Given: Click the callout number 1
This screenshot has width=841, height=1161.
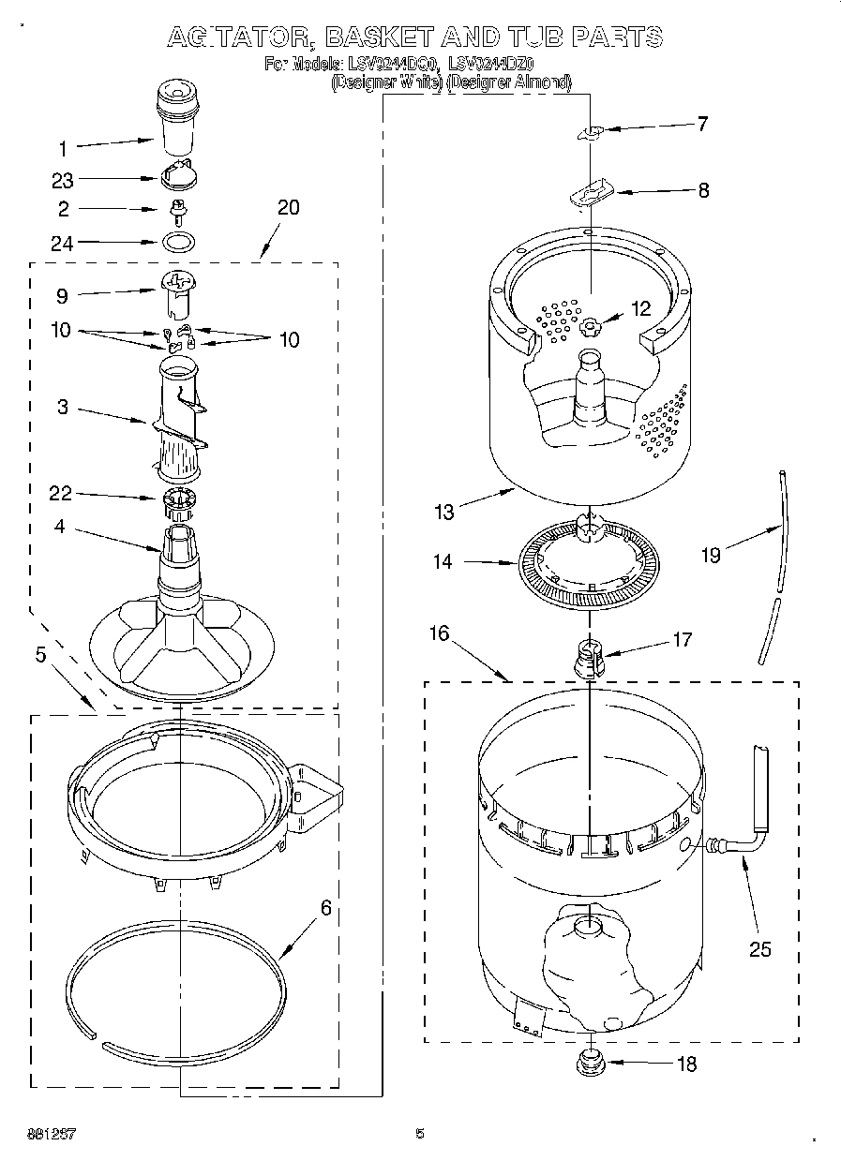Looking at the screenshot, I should click(63, 147).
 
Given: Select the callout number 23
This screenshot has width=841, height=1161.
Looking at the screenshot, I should click(63, 180).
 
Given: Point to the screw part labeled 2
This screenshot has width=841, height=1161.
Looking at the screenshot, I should click(175, 209).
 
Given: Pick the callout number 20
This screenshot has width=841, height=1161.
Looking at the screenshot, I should click(288, 207).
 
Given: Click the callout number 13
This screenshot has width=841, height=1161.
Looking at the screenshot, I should click(443, 512).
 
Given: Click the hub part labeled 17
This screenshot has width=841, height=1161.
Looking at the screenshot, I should click(589, 653).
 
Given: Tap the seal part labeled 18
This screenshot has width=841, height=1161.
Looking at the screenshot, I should click(591, 1062).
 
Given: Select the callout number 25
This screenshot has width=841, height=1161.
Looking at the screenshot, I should click(759, 948).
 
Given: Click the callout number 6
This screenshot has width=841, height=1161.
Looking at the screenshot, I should click(325, 907).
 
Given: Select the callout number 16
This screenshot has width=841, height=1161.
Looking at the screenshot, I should click(440, 633).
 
